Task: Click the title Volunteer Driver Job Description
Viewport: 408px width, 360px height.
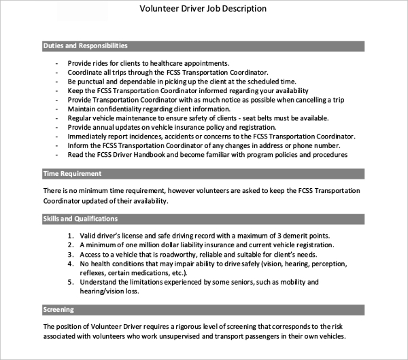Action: click(203, 9)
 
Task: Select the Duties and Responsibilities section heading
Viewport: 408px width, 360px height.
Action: click(85, 46)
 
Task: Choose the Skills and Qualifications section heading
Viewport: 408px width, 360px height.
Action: click(80, 219)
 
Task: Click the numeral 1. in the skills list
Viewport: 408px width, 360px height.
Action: click(71, 235)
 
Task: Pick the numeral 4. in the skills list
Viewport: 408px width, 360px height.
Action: click(71, 264)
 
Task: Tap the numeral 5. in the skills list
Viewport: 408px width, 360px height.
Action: click(71, 282)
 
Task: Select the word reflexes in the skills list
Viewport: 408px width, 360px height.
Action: click(94, 273)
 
